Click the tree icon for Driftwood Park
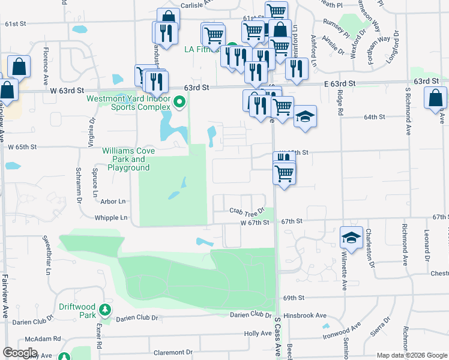pos(106,310)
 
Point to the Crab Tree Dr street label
pos(247,211)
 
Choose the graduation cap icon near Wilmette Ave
pos(351,237)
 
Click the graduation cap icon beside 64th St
pos(305,115)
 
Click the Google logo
pos(20,353)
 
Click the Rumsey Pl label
pos(336,23)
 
